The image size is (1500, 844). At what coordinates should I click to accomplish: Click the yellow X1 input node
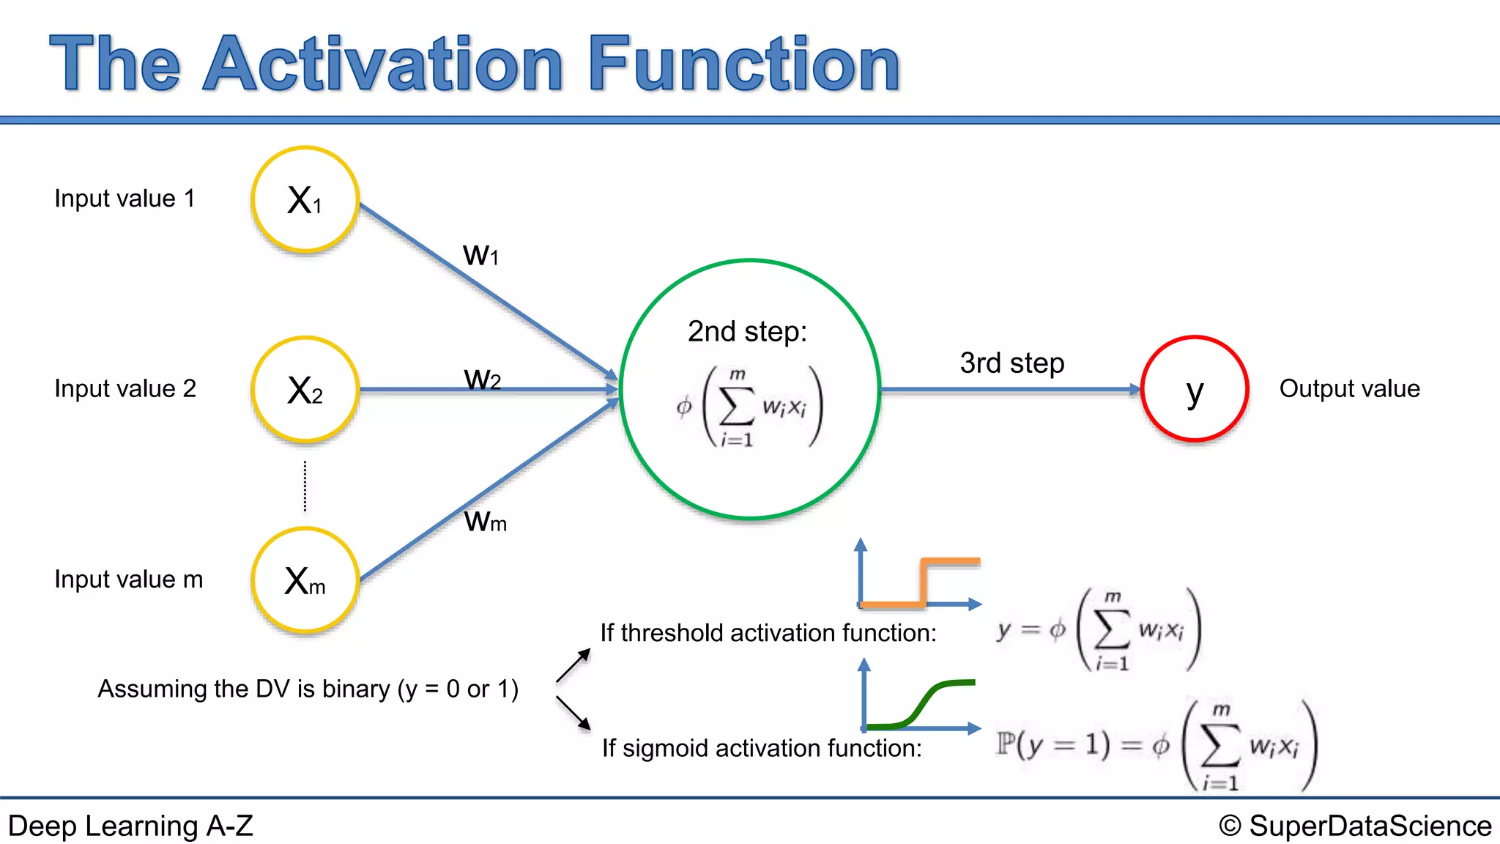click(x=305, y=199)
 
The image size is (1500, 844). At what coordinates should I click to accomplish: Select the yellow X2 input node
click(x=305, y=389)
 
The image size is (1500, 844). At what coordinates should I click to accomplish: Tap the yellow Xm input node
click(x=305, y=580)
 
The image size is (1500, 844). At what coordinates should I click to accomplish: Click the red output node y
click(x=1195, y=389)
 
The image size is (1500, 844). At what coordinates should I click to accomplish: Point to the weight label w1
click(x=480, y=255)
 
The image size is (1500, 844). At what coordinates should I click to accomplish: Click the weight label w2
click(x=482, y=379)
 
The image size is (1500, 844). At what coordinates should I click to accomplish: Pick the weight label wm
click(x=485, y=521)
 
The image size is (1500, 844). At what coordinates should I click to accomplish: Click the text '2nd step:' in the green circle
click(x=746, y=332)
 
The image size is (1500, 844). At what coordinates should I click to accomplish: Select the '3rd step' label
click(x=1011, y=363)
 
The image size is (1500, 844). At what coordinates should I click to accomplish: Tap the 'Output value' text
click(x=1349, y=388)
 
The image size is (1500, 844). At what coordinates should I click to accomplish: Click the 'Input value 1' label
click(x=125, y=199)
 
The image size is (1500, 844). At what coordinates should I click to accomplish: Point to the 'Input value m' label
click(x=128, y=580)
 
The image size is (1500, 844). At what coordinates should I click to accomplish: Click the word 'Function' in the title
click(x=743, y=64)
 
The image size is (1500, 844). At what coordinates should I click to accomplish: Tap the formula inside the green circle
click(x=749, y=407)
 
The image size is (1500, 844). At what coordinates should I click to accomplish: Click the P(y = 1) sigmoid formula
click(x=1156, y=745)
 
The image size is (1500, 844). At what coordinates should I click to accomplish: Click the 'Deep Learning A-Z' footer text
click(x=130, y=826)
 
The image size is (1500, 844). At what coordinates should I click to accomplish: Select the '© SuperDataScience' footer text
click(x=1355, y=826)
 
